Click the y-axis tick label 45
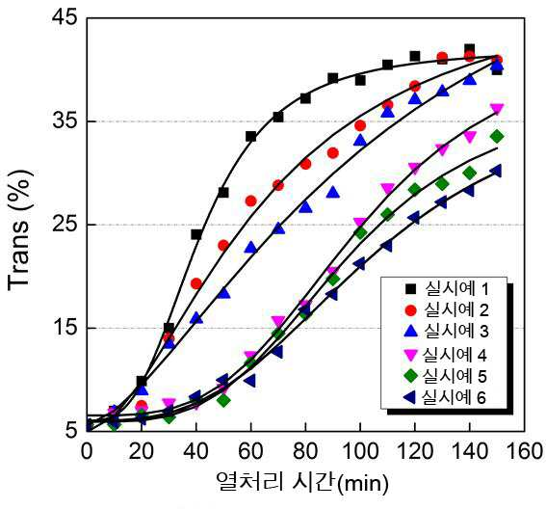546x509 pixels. tap(64, 17)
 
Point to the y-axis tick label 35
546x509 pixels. tap(64, 121)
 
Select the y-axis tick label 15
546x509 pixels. tap(64, 328)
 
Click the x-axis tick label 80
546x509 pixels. tap(305, 451)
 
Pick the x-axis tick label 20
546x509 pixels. tap(142, 451)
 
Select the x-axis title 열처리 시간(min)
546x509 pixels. tap(302, 483)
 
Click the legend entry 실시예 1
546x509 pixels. tap(449, 288)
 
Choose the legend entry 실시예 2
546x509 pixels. tap(449, 309)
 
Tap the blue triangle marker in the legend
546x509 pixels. tap(411, 331)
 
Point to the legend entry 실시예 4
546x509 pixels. tap(446, 355)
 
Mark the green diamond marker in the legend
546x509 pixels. tap(410, 376)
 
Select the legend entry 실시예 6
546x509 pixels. tap(445, 397)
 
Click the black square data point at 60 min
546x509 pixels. tap(250, 136)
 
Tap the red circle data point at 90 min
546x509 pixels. tap(333, 152)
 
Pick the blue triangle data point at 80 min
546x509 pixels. tap(305, 207)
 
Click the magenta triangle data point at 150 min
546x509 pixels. tap(497, 110)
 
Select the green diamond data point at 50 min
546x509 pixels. tap(223, 401)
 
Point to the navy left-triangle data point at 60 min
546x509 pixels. tap(249, 381)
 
